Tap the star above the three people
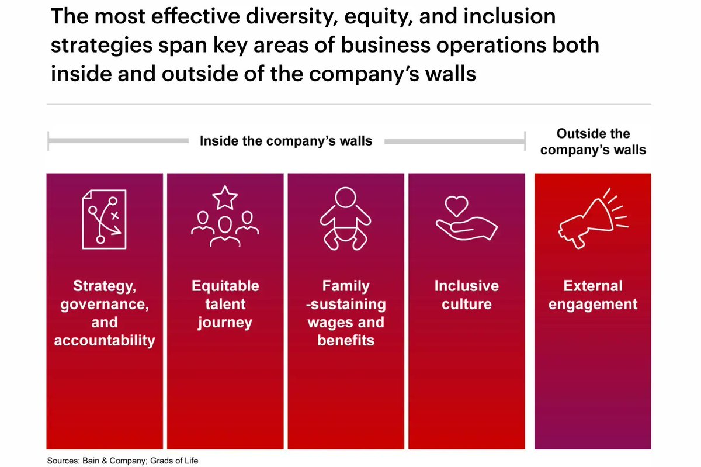click(x=225, y=198)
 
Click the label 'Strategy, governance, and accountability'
click(x=105, y=313)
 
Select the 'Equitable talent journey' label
click(x=225, y=304)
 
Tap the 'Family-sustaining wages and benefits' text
click(x=346, y=313)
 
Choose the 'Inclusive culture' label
click(x=466, y=295)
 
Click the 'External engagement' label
click(x=592, y=295)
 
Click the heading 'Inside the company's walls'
click(x=286, y=141)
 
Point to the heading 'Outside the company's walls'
click(x=593, y=141)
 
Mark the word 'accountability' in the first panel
click(x=105, y=341)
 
